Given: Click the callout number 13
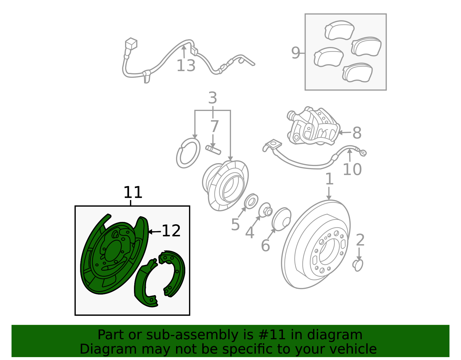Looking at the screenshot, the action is click(x=186, y=65).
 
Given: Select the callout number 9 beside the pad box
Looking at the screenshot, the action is click(x=296, y=53).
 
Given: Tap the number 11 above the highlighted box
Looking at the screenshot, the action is click(x=133, y=192).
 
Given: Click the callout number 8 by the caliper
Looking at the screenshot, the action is click(x=357, y=133).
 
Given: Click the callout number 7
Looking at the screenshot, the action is click(x=214, y=127).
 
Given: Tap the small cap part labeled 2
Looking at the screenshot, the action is click(x=358, y=265).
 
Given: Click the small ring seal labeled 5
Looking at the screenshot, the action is click(x=251, y=201).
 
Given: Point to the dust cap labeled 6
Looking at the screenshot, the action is click(x=281, y=219).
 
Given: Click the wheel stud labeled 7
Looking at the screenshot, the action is click(x=213, y=150).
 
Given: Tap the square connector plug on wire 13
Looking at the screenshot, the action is click(x=131, y=44).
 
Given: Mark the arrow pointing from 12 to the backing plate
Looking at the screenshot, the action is click(x=155, y=232).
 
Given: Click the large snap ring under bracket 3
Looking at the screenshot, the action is click(x=188, y=153).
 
